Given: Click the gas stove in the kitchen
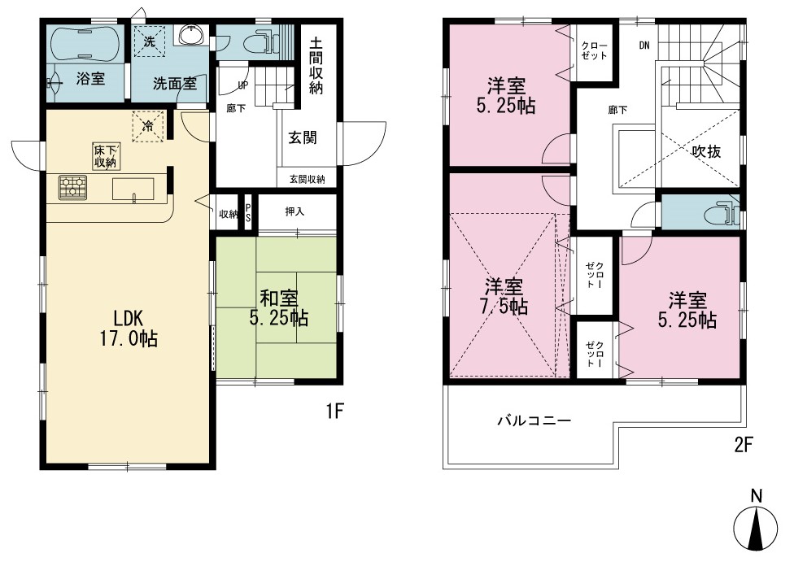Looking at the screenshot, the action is click(72, 187).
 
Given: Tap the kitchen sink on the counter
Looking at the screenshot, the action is click(133, 190).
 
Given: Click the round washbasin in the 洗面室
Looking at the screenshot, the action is click(192, 35).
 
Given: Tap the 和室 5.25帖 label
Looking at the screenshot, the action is click(278, 307).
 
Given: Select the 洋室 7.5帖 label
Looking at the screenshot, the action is click(504, 297).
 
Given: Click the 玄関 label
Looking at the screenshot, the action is click(303, 137).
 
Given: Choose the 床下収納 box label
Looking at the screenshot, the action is click(105, 156).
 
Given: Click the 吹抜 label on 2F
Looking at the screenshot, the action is click(706, 151).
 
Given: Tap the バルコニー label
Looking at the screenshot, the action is click(534, 420).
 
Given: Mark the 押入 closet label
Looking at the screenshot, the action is click(294, 211).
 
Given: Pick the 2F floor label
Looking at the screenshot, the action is click(744, 445).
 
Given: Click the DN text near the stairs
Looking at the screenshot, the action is click(643, 46).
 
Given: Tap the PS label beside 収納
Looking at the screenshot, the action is click(248, 213).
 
